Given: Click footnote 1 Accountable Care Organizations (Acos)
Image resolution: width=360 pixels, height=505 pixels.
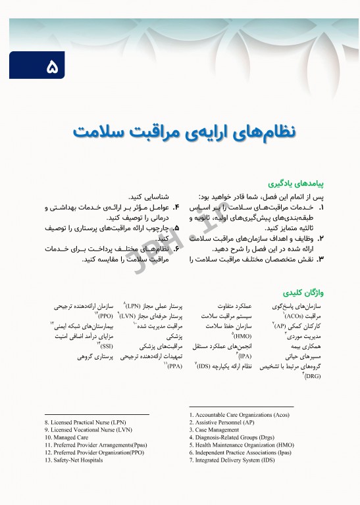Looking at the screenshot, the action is (x=239, y=415).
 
